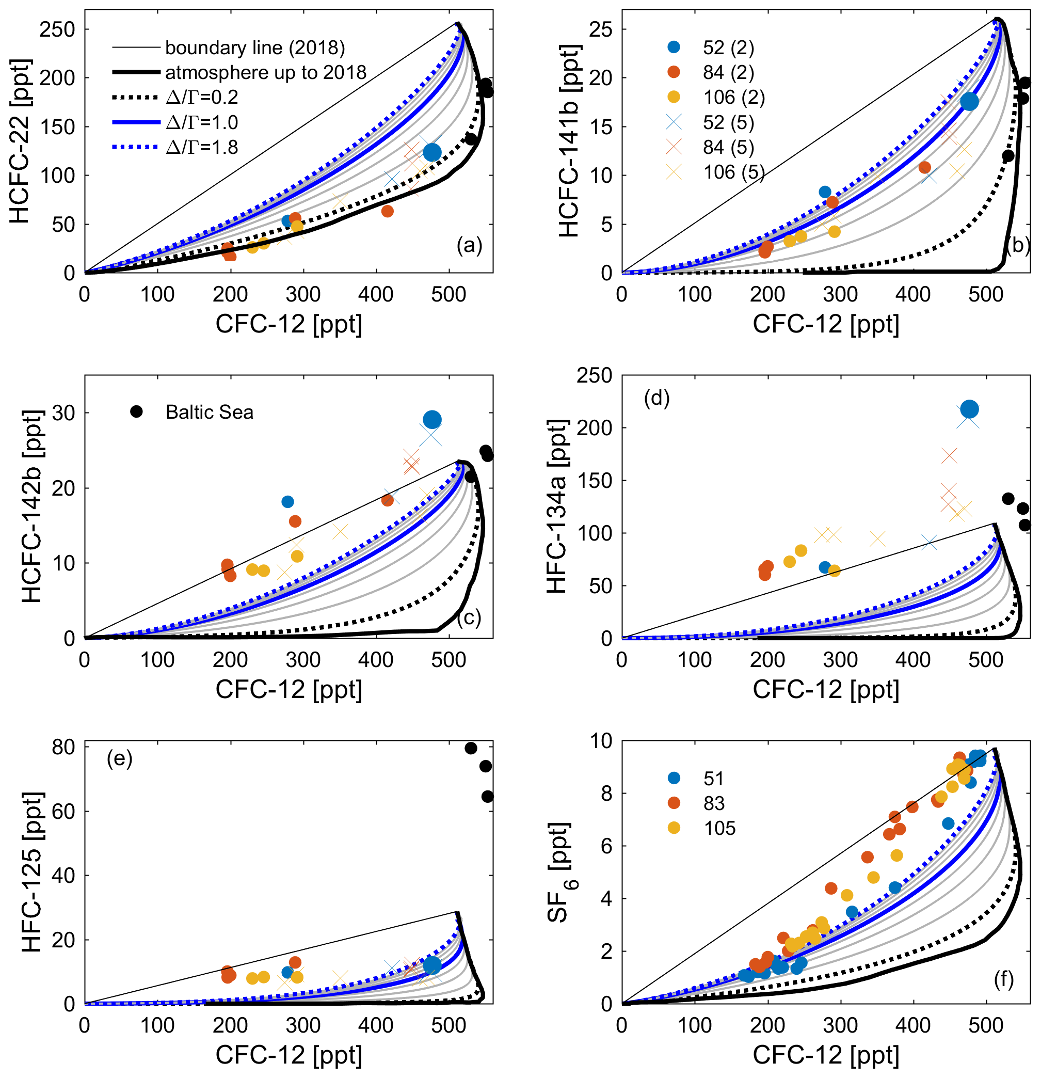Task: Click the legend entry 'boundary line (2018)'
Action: pyautogui.click(x=254, y=48)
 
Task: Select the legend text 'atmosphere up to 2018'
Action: pyautogui.click(x=266, y=73)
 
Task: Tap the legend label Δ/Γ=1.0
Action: pyautogui.click(x=202, y=122)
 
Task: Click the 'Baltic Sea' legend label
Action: pyautogui.click(x=209, y=413)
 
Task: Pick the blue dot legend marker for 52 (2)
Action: pyautogui.click(x=673, y=47)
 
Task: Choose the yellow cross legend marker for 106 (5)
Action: pyautogui.click(x=673, y=172)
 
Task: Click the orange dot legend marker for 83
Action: pyautogui.click(x=673, y=803)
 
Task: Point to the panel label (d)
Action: pyautogui.click(x=656, y=398)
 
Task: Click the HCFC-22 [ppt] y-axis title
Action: pyautogui.click(x=20, y=140)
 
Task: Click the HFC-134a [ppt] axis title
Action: pyautogui.click(x=557, y=506)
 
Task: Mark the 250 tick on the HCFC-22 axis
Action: pyautogui.click(x=57, y=29)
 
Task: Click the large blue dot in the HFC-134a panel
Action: pyautogui.click(x=969, y=409)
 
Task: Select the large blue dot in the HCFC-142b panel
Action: pyautogui.click(x=432, y=420)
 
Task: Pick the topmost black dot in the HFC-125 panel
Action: pyautogui.click(x=471, y=748)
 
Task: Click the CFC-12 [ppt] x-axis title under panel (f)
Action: pyautogui.click(x=825, y=1055)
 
